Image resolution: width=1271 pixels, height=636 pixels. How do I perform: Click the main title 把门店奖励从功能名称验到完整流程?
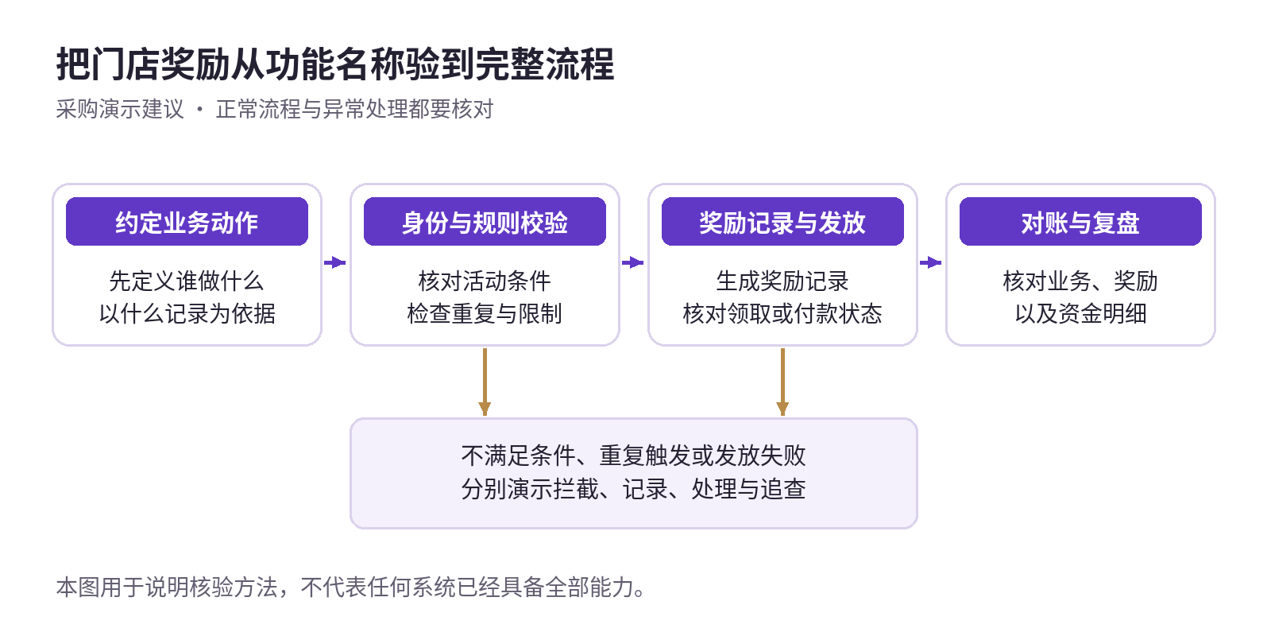(x=335, y=64)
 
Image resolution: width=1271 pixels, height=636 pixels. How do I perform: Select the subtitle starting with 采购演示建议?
(x=275, y=109)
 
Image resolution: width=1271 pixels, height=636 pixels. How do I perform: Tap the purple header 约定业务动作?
(x=187, y=222)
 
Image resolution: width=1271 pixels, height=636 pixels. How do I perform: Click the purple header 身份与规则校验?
(x=485, y=222)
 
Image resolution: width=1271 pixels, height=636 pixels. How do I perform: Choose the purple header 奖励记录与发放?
(x=782, y=222)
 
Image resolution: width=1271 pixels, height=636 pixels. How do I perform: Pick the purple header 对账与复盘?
(x=1080, y=222)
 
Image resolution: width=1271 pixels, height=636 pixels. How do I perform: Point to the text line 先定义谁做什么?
(x=187, y=281)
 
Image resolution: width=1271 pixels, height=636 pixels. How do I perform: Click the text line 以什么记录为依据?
(x=187, y=313)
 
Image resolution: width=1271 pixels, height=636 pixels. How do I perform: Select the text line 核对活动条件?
(x=485, y=281)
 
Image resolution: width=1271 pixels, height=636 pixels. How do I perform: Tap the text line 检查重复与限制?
(x=485, y=313)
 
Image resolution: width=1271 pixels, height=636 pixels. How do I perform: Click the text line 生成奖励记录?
(x=782, y=281)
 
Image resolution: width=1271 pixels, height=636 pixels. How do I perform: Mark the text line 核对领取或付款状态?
(x=782, y=313)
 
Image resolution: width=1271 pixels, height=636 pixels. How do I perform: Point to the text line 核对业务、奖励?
(x=1080, y=281)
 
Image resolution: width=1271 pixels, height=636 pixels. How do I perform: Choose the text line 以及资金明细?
(x=1080, y=313)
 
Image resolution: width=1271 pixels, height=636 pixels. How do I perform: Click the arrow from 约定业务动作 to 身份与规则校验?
(x=334, y=262)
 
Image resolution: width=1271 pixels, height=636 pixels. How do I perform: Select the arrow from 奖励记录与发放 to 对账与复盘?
(x=930, y=262)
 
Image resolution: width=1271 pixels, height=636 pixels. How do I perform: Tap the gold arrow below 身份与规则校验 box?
(x=485, y=382)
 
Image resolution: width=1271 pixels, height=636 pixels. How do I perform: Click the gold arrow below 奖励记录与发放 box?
(x=782, y=382)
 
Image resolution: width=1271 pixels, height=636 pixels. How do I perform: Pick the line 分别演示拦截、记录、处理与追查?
(x=633, y=489)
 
